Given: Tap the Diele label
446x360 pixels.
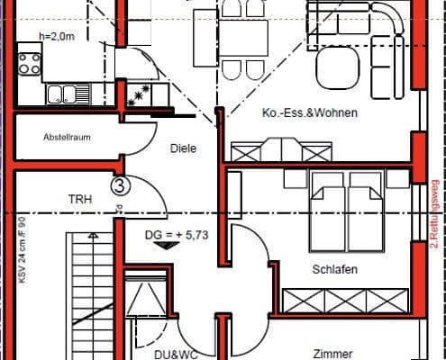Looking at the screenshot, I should pos(184,149).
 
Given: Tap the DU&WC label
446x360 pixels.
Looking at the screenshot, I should pos(150,354).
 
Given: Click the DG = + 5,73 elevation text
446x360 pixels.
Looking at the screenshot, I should pos(177,236).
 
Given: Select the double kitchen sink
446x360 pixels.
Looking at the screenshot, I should pos(65,93).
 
